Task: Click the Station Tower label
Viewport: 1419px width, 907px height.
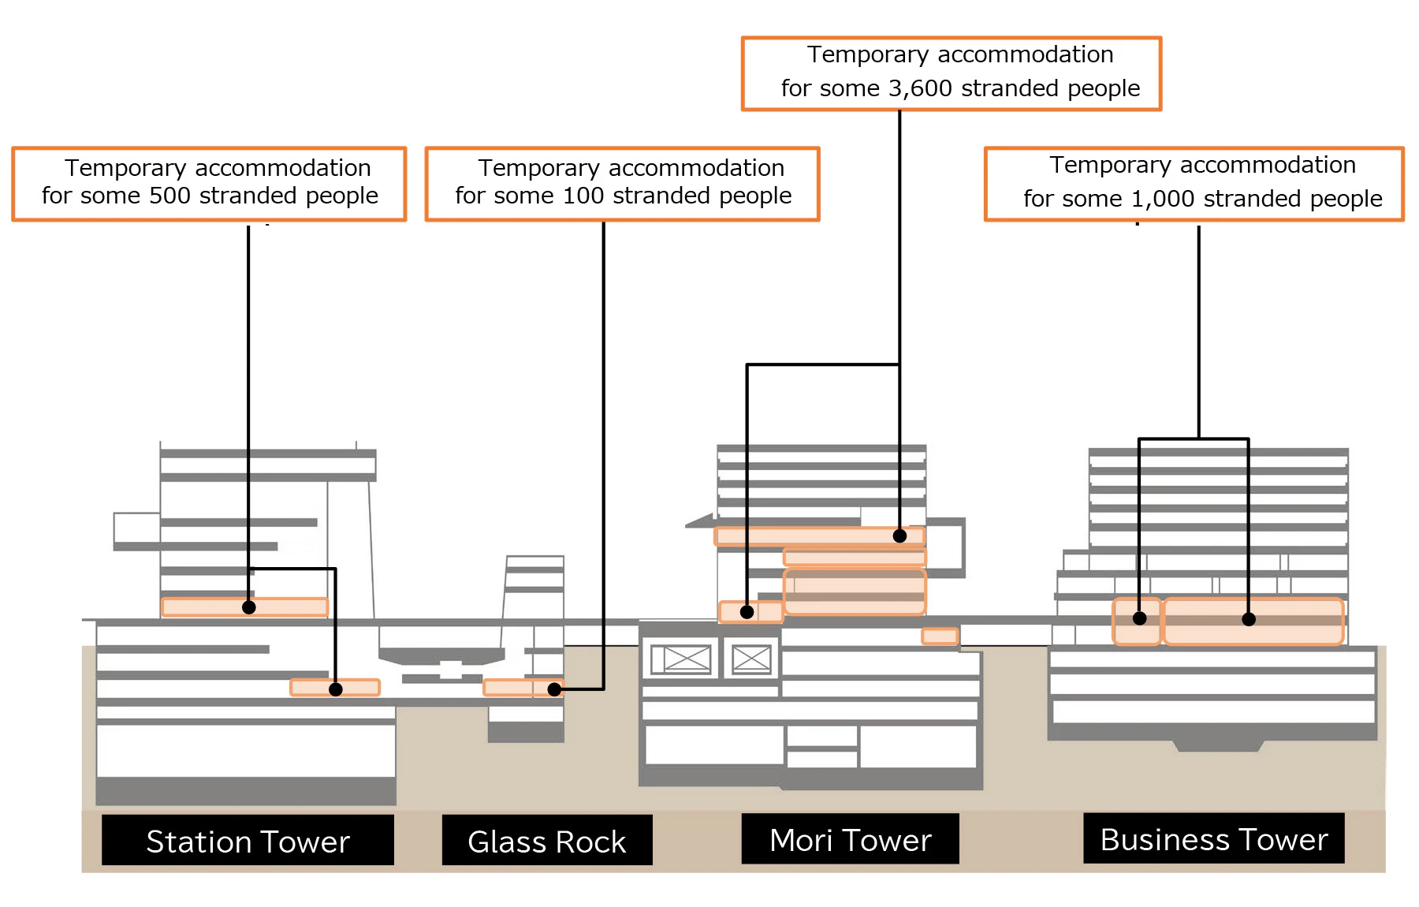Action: coord(248,841)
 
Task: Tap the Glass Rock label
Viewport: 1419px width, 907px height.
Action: coord(546,841)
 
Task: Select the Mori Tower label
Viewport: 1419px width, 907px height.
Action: coord(850,839)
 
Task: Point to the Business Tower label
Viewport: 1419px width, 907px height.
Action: coord(1213,838)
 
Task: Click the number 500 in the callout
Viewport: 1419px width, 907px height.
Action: coord(169,196)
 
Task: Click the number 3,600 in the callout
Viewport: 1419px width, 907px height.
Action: coord(920,88)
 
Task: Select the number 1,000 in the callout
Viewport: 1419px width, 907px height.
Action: coord(1163,199)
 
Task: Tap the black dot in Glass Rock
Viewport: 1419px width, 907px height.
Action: coord(554,689)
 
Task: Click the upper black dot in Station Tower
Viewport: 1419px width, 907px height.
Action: coord(249,607)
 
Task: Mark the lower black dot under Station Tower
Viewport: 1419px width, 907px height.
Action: coord(336,689)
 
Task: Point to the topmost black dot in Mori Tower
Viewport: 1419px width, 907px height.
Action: coord(899,536)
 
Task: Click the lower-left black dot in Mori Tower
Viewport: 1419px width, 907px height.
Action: coord(747,612)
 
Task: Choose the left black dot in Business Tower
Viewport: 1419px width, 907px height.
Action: coord(1140,618)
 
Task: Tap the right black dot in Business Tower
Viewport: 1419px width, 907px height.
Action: coord(1249,620)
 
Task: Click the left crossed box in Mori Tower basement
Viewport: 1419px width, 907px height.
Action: coord(681,659)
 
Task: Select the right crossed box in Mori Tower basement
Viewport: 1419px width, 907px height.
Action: coord(751,659)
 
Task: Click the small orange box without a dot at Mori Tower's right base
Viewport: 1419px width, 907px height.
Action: coord(940,636)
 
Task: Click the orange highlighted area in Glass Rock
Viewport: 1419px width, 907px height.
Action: coord(512,688)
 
